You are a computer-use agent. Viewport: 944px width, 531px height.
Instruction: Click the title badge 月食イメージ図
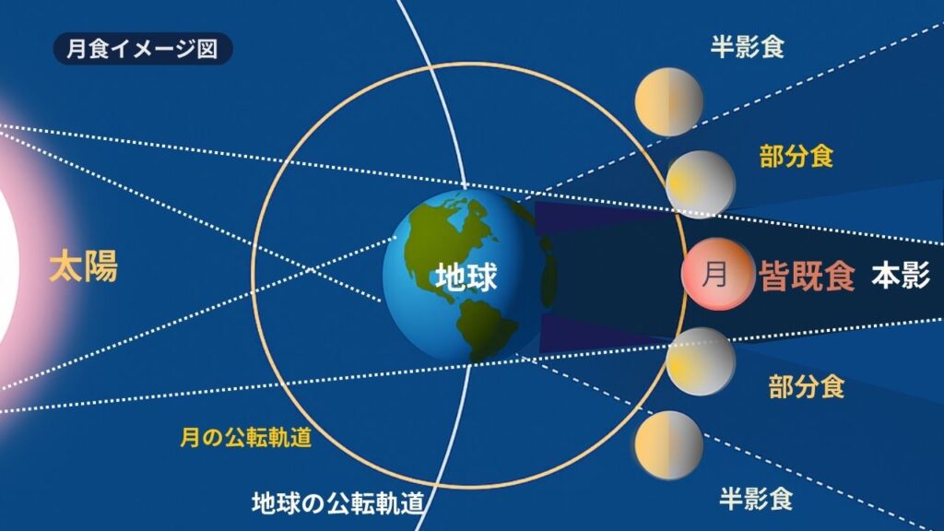coord(143,49)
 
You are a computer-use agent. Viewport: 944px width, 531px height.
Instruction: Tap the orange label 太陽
coord(83,266)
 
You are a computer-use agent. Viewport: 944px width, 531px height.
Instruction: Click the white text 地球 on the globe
coord(466,277)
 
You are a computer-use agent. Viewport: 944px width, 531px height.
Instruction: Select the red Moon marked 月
coord(717,274)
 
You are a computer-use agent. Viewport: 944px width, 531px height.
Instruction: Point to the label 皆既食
coord(807,277)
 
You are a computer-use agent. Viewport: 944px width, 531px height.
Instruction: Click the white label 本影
coord(901,275)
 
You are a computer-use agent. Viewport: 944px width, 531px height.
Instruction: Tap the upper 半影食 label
coord(747,46)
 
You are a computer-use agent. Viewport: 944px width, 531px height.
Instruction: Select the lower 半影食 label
coord(756,499)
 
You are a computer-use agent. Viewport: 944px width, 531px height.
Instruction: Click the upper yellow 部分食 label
coord(796,157)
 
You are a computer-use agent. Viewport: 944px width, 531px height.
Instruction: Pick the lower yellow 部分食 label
coord(806,386)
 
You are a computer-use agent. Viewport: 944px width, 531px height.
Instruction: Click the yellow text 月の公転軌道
coord(246,437)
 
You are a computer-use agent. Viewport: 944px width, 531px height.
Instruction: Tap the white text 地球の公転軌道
coord(337,503)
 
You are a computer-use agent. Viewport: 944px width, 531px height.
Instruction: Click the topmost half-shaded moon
coord(669,101)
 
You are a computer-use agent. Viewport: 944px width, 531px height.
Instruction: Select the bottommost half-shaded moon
coord(669,445)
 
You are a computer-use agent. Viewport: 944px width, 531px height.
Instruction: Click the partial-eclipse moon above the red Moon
coord(701,184)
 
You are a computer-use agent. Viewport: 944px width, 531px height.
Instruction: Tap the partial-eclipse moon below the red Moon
coord(701,361)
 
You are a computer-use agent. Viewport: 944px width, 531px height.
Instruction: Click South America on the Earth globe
coord(485,328)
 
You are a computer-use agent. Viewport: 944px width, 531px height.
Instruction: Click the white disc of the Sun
coord(8,265)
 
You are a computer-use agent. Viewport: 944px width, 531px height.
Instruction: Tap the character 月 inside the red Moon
coord(714,274)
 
